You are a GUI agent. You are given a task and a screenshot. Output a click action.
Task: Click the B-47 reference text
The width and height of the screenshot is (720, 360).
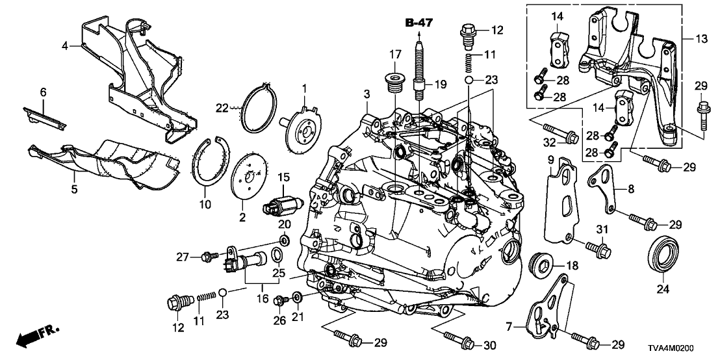pos(418,23)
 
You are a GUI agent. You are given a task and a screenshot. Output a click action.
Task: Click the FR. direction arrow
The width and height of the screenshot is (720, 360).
pos(36,337)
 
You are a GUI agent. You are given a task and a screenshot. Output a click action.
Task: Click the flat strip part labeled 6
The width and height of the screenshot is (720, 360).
pos(46,116)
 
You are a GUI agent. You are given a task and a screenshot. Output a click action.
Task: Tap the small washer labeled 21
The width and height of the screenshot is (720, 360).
pos(297,298)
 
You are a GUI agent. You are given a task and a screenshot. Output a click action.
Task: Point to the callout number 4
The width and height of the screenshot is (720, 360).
pos(64,45)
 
